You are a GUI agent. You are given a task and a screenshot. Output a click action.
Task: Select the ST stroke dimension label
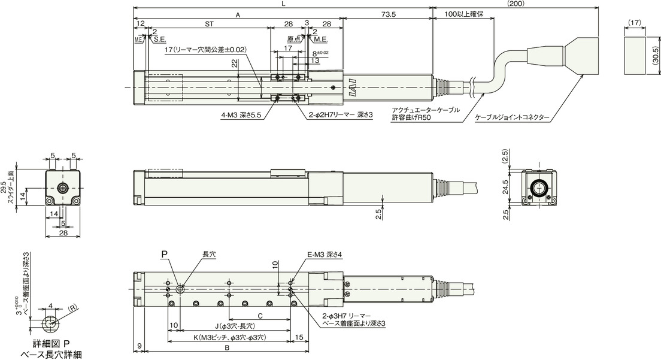point(209,24)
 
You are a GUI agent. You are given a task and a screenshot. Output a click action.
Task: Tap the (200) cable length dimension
point(515,4)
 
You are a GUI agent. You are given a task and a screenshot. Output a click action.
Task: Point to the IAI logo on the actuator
point(350,88)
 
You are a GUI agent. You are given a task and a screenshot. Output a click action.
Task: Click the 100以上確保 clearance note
point(464,14)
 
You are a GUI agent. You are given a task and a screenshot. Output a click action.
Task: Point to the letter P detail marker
point(164,254)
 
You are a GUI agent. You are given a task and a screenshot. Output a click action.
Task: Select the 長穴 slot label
point(209,255)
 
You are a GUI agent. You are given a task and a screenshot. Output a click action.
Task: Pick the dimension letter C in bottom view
point(260,316)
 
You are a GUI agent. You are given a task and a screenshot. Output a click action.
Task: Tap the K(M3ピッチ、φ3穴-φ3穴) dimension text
point(230,338)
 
